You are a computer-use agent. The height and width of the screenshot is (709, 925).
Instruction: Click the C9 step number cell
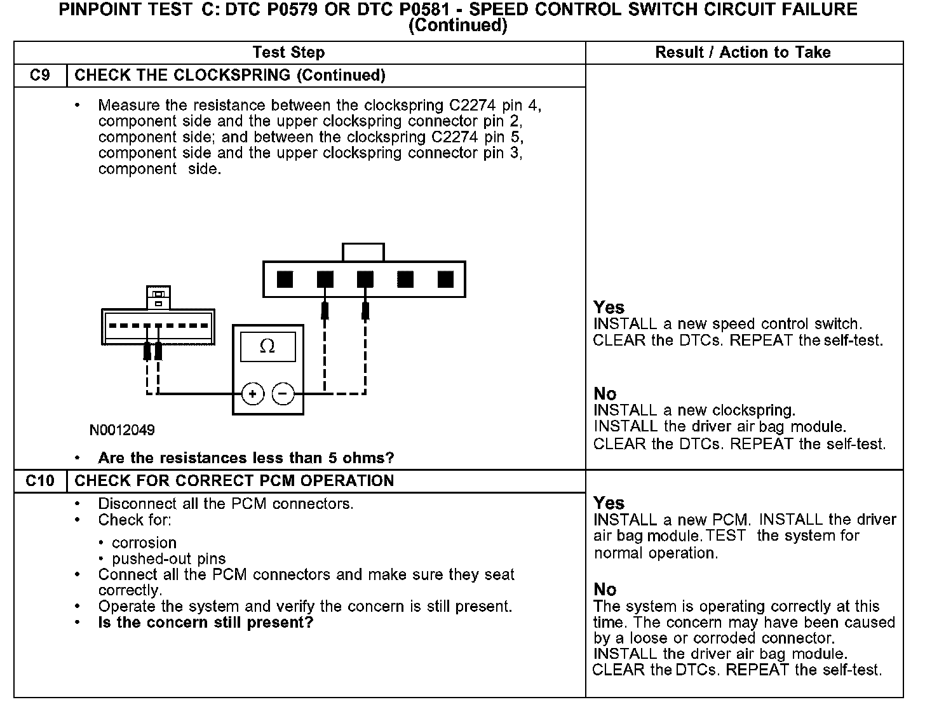point(40,76)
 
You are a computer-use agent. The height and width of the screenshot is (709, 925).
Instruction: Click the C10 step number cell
point(40,481)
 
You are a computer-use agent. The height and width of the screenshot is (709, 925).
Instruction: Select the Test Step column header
point(288,53)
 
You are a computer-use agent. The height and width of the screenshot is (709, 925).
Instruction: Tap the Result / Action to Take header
point(743,53)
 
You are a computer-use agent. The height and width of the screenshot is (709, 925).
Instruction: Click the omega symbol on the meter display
point(267,347)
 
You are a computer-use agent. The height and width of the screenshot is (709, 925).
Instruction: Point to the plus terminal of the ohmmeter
point(253,395)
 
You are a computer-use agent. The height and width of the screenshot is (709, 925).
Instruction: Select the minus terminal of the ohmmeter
point(283,395)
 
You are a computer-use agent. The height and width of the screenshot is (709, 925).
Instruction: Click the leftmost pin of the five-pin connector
point(285,279)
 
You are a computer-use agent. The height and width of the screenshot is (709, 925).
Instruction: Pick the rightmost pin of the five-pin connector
point(445,279)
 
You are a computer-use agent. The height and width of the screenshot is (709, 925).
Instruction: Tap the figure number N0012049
point(122,430)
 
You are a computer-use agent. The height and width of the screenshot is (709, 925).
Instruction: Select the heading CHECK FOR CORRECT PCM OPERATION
point(234,481)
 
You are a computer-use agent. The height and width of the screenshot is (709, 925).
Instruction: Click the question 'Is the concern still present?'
point(206,623)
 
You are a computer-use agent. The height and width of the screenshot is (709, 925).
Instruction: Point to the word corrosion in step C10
point(144,543)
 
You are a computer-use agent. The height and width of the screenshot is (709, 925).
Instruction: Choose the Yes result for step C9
point(609,308)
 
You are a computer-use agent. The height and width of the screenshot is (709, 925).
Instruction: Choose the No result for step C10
point(605,590)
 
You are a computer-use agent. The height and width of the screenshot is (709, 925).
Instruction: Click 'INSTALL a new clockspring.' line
point(694,410)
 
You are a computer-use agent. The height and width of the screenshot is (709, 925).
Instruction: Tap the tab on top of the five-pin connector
point(363,252)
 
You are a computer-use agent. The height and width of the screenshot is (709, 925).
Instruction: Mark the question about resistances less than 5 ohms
point(246,458)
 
